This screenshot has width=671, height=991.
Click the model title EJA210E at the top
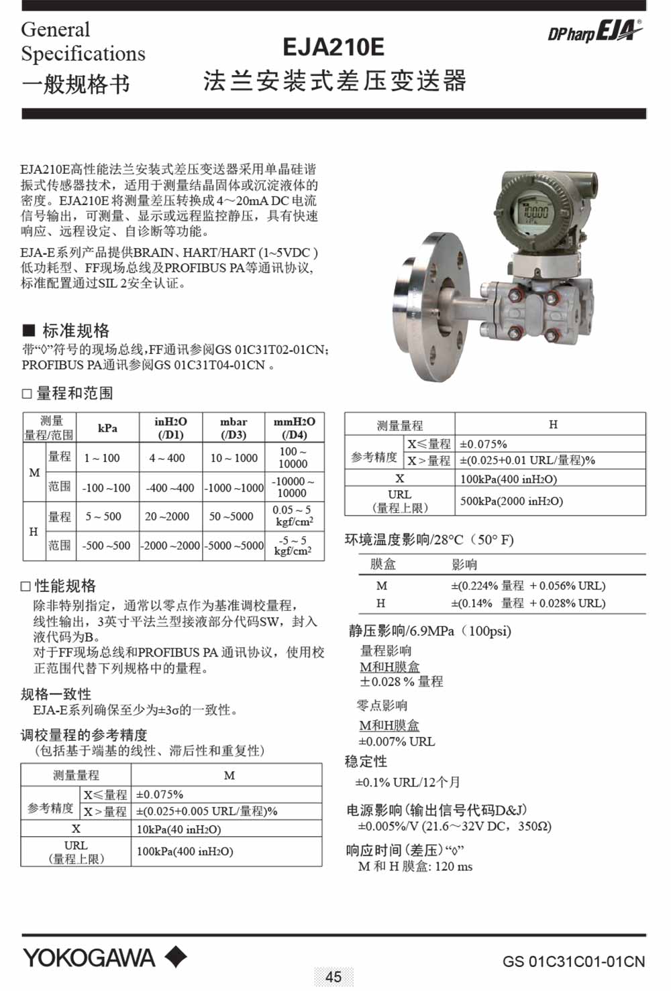333,47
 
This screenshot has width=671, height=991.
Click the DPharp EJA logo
595,32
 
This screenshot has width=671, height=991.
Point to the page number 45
333,976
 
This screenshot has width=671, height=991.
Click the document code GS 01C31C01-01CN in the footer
573,961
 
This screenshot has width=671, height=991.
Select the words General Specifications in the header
83,42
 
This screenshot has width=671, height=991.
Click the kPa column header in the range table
107,428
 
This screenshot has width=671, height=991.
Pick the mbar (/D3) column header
234,428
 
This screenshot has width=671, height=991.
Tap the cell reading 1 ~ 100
102,458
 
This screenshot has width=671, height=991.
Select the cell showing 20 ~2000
170,516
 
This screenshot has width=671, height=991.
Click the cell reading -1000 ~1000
234,487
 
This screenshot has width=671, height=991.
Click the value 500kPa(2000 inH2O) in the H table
511,501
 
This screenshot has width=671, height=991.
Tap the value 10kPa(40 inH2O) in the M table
178,829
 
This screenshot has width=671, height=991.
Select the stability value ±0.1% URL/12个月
407,782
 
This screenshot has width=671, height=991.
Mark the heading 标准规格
75,331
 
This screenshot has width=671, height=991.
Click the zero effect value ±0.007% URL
397,742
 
